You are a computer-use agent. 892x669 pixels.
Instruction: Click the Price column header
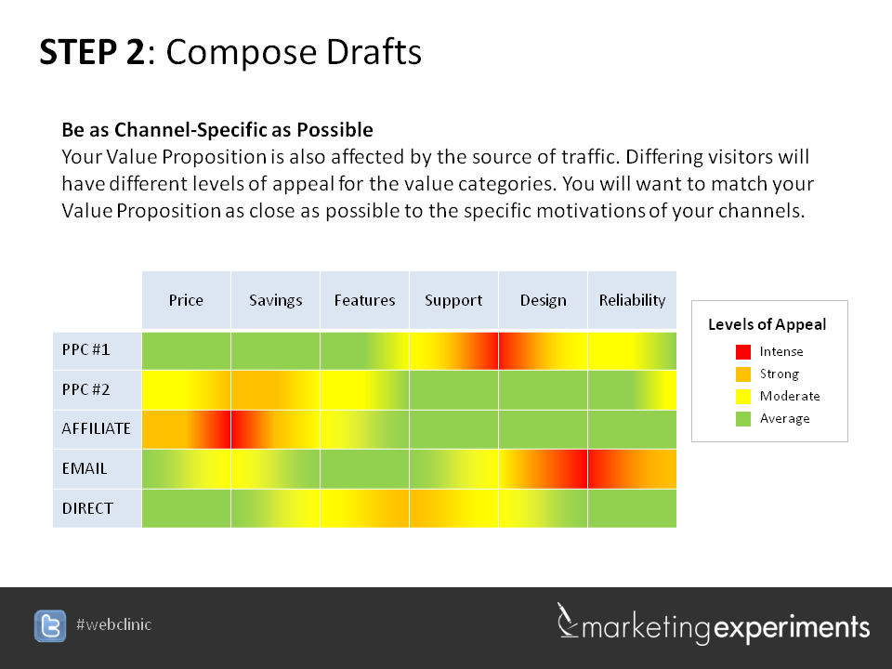tap(186, 300)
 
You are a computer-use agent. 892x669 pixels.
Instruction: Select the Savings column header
tap(275, 300)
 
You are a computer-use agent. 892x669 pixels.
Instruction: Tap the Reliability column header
tap(632, 300)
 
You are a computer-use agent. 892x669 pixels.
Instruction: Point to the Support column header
tap(453, 300)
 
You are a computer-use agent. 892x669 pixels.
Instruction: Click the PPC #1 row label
tap(85, 349)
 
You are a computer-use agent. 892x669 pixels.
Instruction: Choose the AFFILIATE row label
tap(96, 428)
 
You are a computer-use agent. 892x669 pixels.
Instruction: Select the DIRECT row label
tap(87, 508)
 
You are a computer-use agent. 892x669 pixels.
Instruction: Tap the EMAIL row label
tap(85, 468)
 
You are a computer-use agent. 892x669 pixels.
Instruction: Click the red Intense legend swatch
tap(743, 351)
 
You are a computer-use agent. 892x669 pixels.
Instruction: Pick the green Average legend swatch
tap(743, 419)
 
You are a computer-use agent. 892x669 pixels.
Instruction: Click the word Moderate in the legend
tap(790, 396)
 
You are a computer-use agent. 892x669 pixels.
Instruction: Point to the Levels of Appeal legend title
tap(767, 324)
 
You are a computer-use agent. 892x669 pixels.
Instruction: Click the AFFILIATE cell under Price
tap(186, 429)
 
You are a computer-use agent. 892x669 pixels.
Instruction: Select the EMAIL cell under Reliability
tap(632, 468)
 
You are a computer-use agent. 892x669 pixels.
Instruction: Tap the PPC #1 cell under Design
tap(543, 350)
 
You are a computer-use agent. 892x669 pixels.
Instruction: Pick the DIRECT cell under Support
tap(453, 508)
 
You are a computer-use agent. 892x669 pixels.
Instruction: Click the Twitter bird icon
tap(50, 625)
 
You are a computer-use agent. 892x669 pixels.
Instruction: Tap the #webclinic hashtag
tap(113, 624)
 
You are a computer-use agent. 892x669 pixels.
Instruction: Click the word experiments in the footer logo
tap(792, 627)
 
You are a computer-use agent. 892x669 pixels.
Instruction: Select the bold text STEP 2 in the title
tap(92, 52)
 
